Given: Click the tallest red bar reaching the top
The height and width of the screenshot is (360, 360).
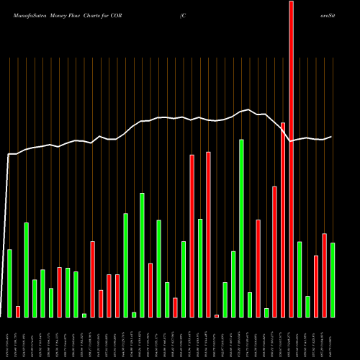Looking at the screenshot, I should (x=291, y=158).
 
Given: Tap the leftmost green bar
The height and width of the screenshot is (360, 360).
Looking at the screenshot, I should (x=9, y=283).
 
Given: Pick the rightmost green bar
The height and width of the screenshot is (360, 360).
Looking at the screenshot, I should (x=333, y=280).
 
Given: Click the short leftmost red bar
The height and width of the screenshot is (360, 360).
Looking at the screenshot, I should (x=18, y=312).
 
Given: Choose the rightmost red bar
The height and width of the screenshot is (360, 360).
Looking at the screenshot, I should (x=324, y=275).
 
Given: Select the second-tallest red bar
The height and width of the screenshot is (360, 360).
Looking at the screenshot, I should (x=283, y=220).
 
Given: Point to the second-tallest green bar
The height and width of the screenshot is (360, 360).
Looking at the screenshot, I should (x=142, y=255).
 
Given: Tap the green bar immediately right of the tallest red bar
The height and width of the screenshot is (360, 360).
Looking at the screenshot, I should (x=300, y=279).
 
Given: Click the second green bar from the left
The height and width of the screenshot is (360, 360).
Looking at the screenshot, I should (x=26, y=270).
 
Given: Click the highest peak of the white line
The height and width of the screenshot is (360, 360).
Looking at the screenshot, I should (x=250, y=109).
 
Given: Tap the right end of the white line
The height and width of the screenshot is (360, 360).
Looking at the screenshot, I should (x=332, y=137).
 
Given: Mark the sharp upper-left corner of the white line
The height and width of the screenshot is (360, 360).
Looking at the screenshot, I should (x=9, y=154).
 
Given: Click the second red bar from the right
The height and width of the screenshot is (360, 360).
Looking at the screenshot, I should (x=316, y=287).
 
